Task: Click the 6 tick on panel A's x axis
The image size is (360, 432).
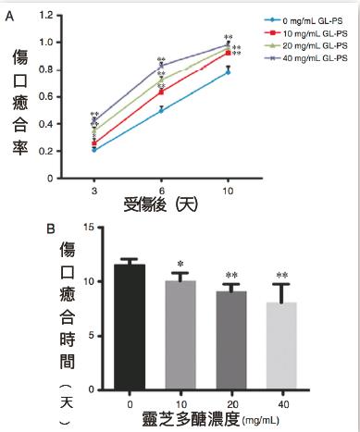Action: (x=162, y=188)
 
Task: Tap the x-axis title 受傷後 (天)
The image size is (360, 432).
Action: (x=164, y=204)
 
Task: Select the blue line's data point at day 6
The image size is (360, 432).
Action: (x=162, y=109)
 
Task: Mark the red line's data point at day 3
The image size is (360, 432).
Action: (x=94, y=143)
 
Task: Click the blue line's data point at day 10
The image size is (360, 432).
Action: (x=229, y=71)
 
